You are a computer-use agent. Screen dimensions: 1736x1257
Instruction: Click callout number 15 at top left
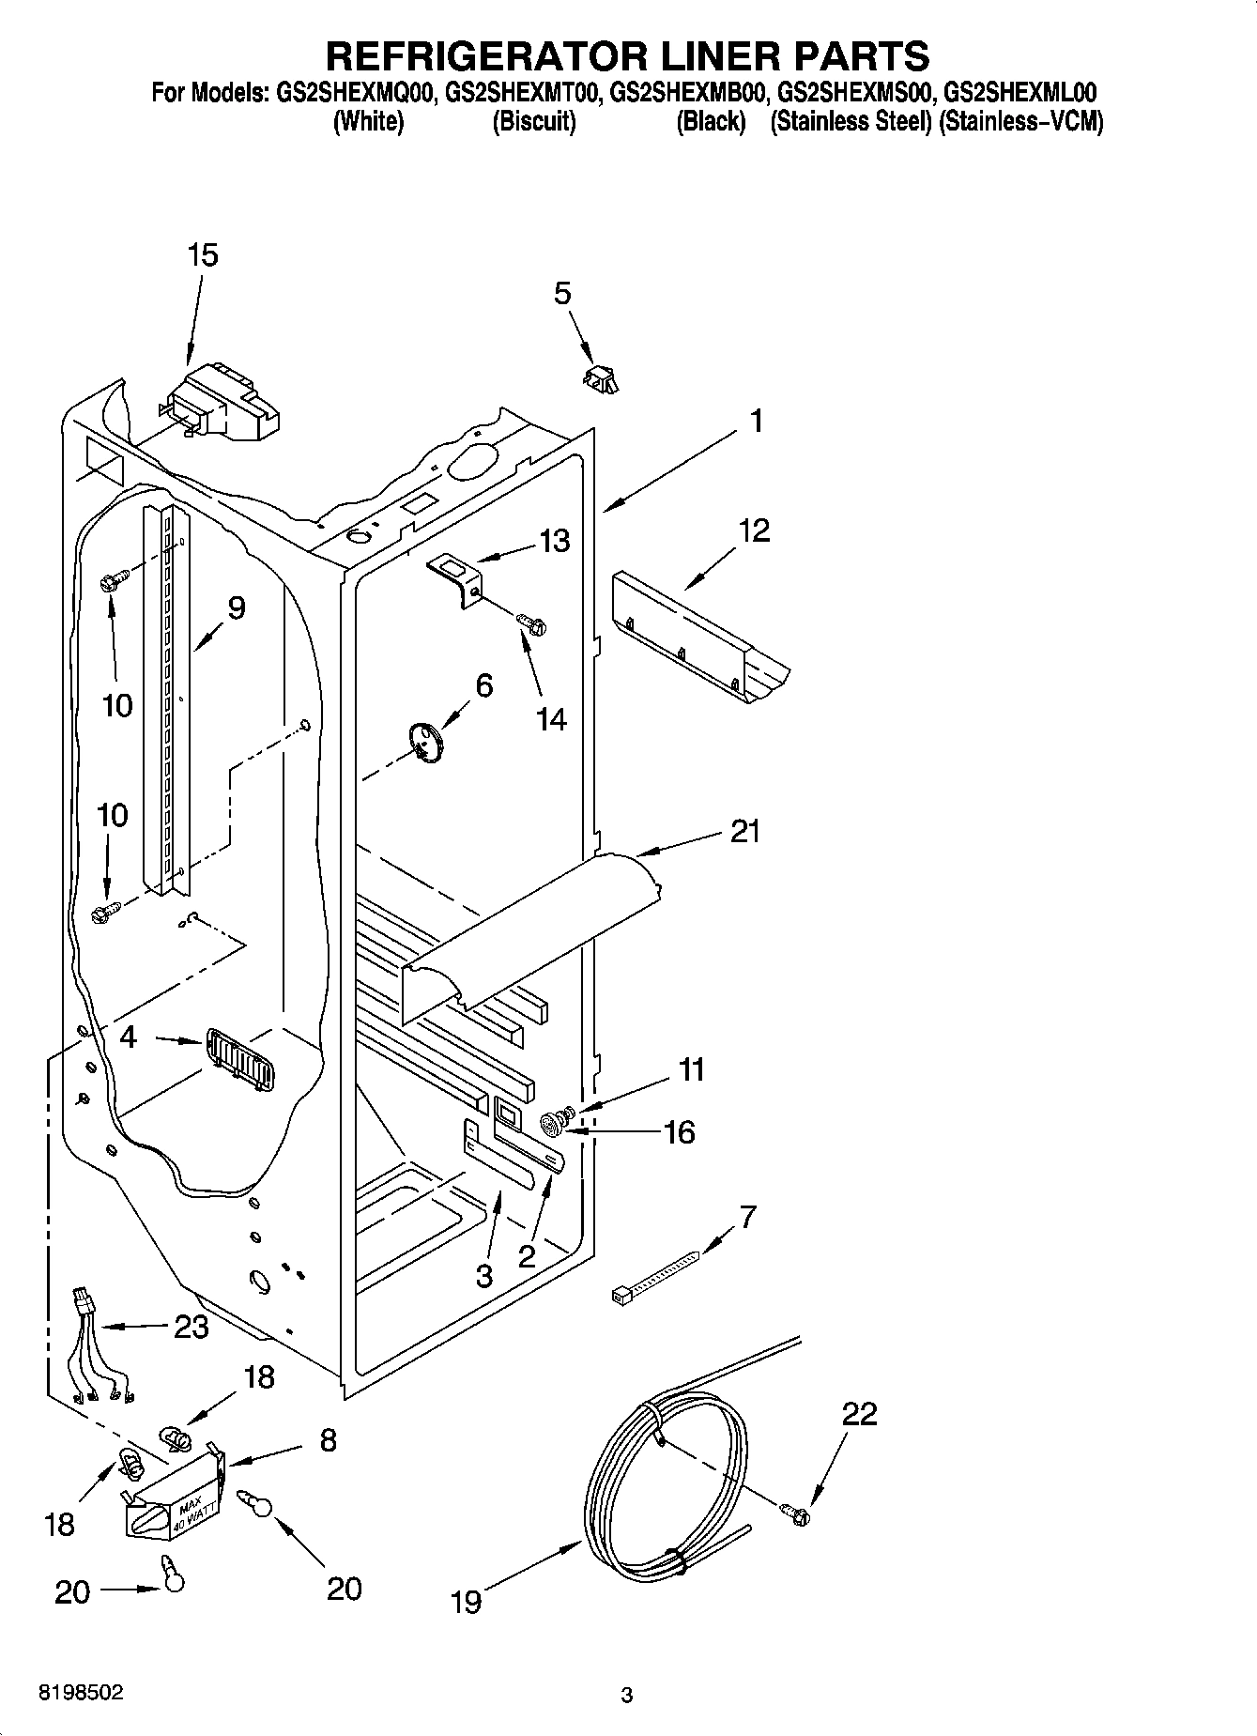coord(202,255)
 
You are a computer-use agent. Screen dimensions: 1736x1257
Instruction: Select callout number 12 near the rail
coord(754,530)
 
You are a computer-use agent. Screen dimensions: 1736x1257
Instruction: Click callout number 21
coord(744,831)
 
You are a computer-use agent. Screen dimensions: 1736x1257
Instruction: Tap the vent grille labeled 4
coord(239,1060)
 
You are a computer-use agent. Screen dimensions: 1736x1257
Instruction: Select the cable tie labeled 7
coord(654,1275)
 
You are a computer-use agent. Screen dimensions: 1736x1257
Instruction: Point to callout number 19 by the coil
coord(466,1601)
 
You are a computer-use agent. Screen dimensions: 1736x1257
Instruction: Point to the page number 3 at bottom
coord(627,1696)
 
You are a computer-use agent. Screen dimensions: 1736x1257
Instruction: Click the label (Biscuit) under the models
coord(533,122)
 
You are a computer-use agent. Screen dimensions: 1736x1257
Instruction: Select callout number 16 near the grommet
coord(678,1132)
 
